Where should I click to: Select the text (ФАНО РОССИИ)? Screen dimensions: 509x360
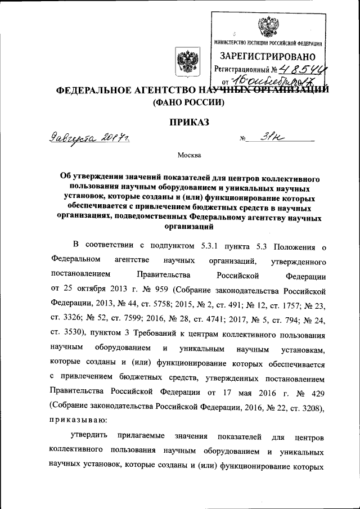[184, 102]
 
